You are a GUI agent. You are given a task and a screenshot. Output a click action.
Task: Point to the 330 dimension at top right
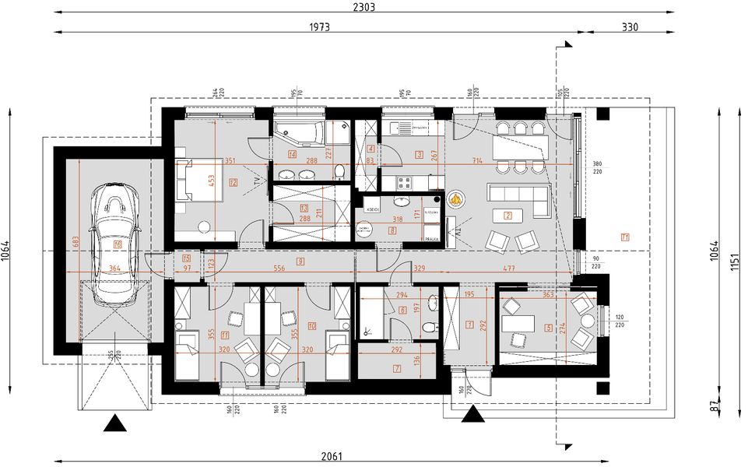click(x=630, y=26)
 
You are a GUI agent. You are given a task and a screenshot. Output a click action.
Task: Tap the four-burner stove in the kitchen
click(x=404, y=184)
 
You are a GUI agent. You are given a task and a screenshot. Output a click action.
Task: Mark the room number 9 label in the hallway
click(x=300, y=260)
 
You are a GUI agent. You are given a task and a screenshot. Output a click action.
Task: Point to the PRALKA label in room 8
click(x=432, y=240)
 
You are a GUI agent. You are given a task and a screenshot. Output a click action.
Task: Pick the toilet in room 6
click(x=430, y=330)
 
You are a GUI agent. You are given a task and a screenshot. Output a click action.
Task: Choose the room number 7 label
click(x=396, y=368)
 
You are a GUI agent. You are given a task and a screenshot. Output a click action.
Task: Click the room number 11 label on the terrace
click(x=625, y=237)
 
